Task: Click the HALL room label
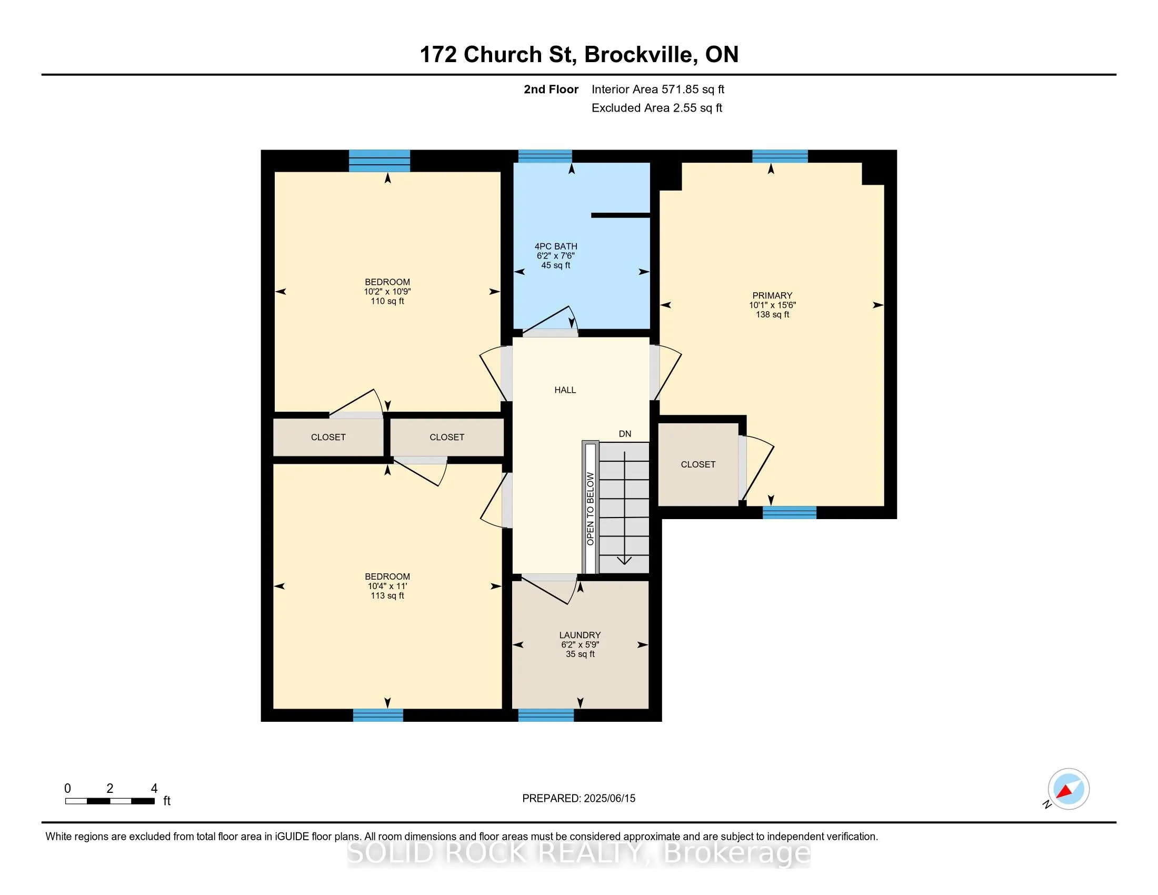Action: pyautogui.click(x=565, y=390)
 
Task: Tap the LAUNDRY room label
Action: pyautogui.click(x=580, y=635)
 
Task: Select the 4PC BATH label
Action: pyautogui.click(x=556, y=246)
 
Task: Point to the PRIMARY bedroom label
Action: pyautogui.click(x=773, y=296)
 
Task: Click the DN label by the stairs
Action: pyautogui.click(x=625, y=434)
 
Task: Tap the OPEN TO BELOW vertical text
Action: pyautogui.click(x=591, y=509)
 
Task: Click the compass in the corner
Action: pyautogui.click(x=1068, y=789)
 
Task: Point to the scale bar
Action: pyautogui.click(x=110, y=801)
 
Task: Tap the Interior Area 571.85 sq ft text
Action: pyautogui.click(x=658, y=89)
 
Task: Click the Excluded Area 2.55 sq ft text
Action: pyautogui.click(x=657, y=108)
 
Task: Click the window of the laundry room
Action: pyautogui.click(x=546, y=715)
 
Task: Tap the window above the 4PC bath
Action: pyautogui.click(x=545, y=156)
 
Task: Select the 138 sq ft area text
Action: pyautogui.click(x=773, y=315)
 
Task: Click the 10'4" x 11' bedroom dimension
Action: pyautogui.click(x=387, y=586)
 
